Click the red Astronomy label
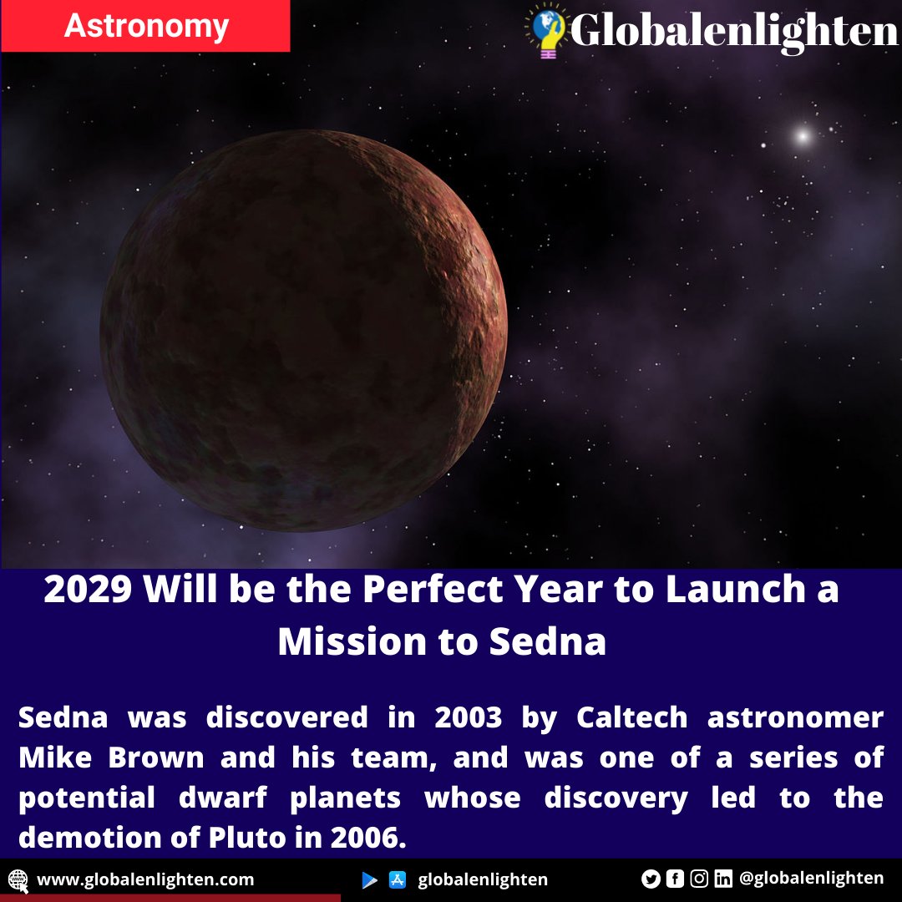(x=146, y=27)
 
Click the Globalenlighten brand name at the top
(x=733, y=32)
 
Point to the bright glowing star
(x=803, y=134)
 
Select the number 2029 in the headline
(x=89, y=590)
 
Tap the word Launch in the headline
(x=717, y=590)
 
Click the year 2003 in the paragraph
(x=468, y=717)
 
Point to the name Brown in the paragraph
(x=155, y=758)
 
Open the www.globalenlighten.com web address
(x=145, y=879)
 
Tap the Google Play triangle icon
(x=369, y=879)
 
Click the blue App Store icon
(x=398, y=879)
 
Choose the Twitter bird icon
(x=651, y=879)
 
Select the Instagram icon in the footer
(x=699, y=879)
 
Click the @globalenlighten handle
(x=811, y=878)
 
